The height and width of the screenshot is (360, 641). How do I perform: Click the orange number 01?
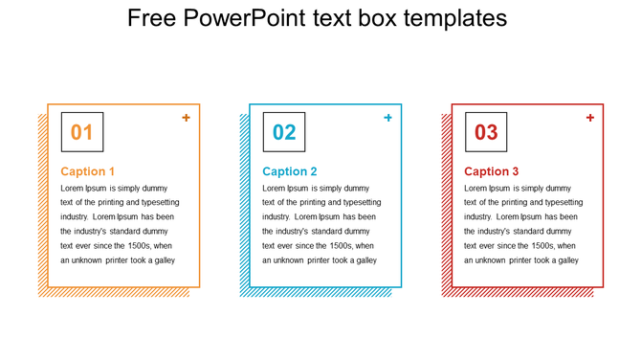pyautogui.click(x=82, y=132)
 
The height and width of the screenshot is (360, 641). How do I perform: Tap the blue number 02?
pyautogui.click(x=284, y=132)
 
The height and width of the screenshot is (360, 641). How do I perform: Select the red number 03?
pyautogui.click(x=486, y=132)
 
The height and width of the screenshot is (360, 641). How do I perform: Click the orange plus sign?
pyautogui.click(x=186, y=118)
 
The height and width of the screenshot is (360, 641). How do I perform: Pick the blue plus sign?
pyautogui.click(x=387, y=118)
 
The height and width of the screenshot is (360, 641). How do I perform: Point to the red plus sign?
pyautogui.click(x=589, y=118)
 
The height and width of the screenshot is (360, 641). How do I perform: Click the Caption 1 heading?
pyautogui.click(x=88, y=171)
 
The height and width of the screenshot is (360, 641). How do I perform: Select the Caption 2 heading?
pyautogui.click(x=290, y=171)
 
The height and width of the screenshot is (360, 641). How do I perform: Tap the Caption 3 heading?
pyautogui.click(x=492, y=171)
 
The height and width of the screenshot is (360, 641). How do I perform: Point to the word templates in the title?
pyautogui.click(x=455, y=18)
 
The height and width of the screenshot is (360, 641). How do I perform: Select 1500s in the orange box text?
pyautogui.click(x=141, y=246)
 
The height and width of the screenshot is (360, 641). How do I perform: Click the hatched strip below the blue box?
pyautogui.click(x=316, y=292)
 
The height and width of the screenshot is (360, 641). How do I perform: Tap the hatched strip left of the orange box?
pyautogui.click(x=42, y=201)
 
